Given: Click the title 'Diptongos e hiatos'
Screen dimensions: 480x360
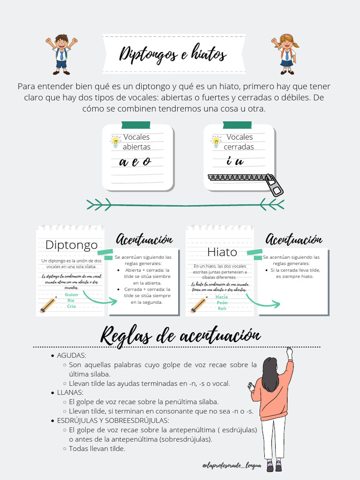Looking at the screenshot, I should (x=173, y=54).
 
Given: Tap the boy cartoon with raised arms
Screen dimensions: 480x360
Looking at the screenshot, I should (x=61, y=54).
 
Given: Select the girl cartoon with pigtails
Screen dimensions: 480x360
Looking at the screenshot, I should (x=285, y=54).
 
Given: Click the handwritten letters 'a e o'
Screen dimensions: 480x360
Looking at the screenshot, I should (x=135, y=162).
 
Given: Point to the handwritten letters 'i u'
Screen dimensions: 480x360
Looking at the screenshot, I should (x=235, y=162).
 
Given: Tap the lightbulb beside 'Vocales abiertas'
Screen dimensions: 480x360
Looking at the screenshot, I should (x=115, y=142).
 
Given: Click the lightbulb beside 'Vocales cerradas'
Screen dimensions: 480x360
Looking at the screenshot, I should (x=216, y=142).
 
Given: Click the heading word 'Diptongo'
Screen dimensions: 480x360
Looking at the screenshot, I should (x=71, y=245).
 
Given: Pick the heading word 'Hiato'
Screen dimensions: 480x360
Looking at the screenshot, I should (x=222, y=252).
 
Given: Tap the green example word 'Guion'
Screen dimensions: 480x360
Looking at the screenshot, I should (x=71, y=294).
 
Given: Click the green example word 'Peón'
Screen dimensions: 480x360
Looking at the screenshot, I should (x=222, y=303).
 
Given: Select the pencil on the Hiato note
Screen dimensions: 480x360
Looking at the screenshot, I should (x=199, y=305).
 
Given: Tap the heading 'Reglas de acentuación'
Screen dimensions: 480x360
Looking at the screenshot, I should (x=180, y=336).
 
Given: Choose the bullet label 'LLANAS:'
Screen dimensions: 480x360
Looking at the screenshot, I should (x=70, y=392).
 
